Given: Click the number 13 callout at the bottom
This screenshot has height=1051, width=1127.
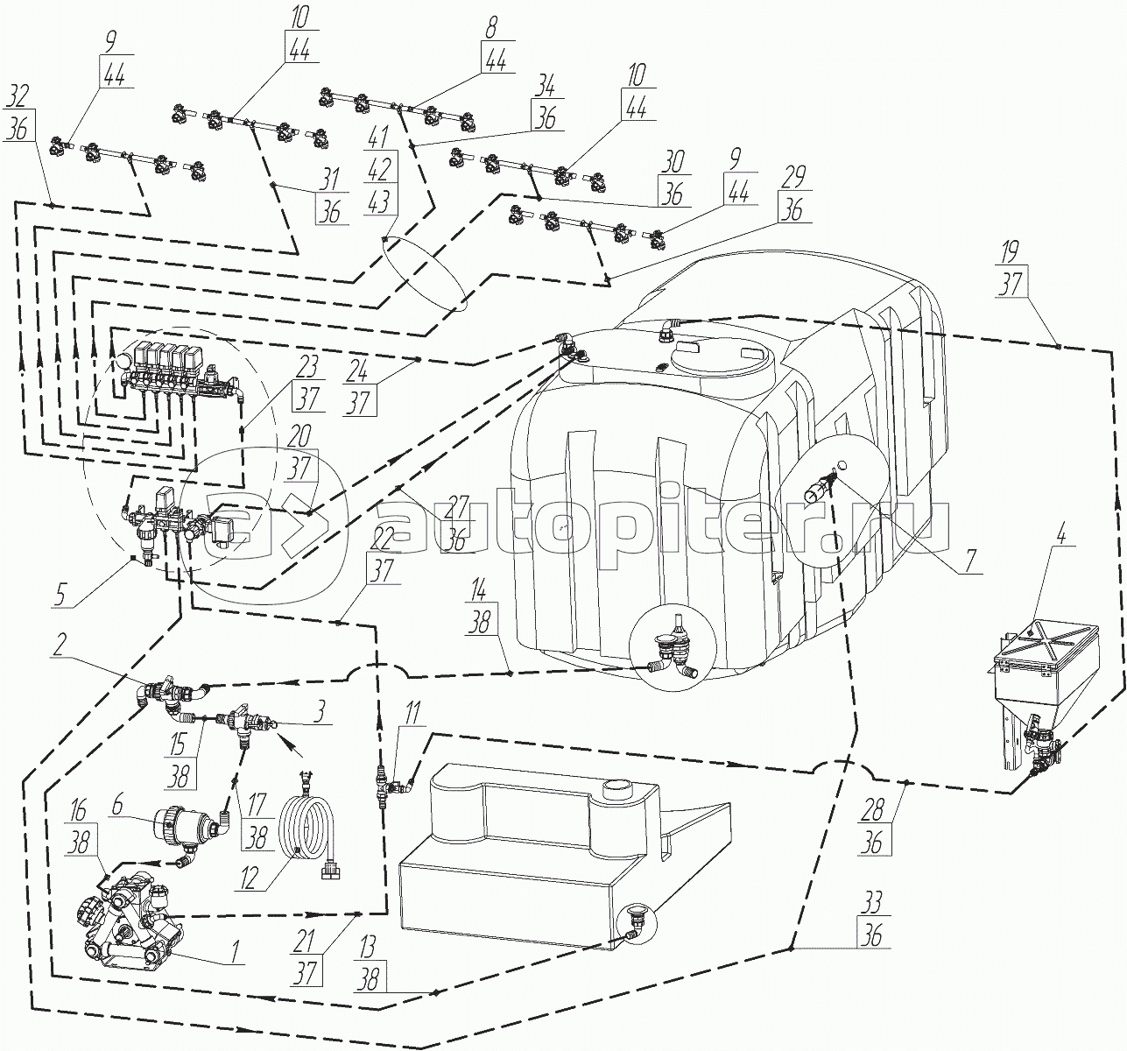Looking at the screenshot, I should pyautogui.click(x=368, y=947).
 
